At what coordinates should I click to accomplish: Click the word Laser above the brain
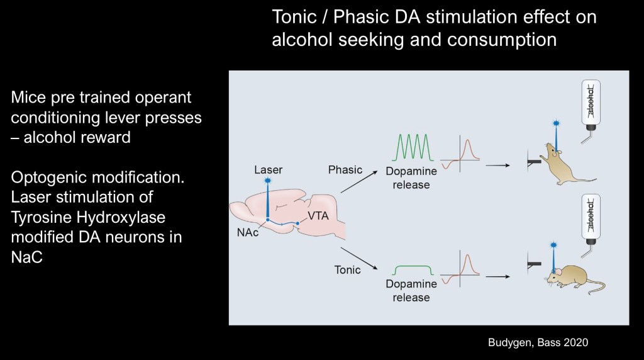[x=269, y=169]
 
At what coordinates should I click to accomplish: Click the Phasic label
[x=345, y=170]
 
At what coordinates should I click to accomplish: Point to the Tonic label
[x=348, y=269]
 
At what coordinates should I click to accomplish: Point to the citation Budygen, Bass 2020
[x=538, y=342]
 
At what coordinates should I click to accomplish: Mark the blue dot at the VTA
[x=297, y=223]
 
